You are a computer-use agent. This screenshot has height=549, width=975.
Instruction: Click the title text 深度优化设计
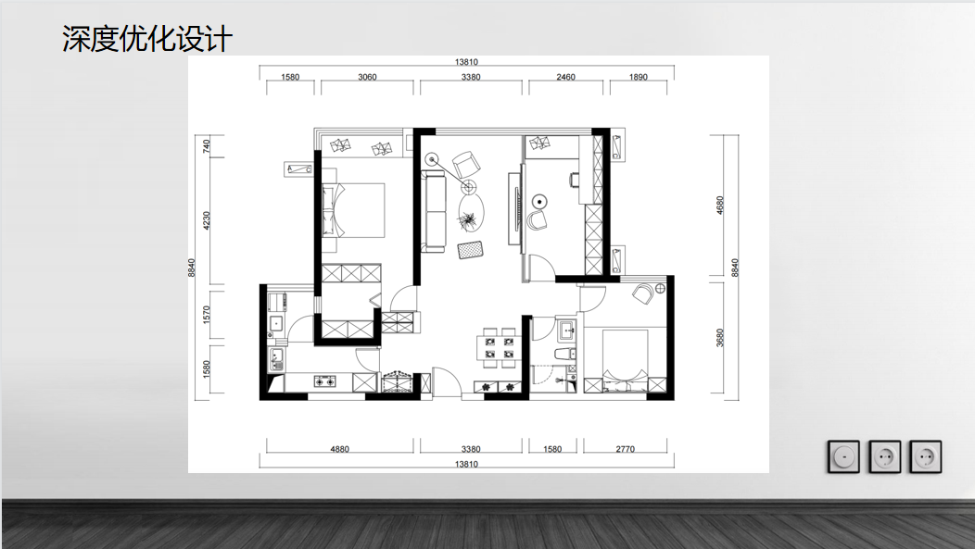[147, 39]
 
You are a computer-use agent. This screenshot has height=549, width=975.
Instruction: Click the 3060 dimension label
[368, 77]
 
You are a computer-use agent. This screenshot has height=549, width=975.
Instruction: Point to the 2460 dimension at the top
[566, 77]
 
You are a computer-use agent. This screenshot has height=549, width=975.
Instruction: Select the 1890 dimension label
[638, 77]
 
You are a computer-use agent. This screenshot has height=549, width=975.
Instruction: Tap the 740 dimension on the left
[207, 146]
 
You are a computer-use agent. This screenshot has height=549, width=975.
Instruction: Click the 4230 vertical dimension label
[207, 220]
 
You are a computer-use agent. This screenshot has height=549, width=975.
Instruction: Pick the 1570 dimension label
[207, 314]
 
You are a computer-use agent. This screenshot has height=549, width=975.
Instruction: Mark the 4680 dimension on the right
[720, 205]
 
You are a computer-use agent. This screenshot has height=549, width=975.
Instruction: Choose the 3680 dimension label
[720, 337]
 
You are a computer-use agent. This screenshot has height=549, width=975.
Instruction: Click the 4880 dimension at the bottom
[339, 449]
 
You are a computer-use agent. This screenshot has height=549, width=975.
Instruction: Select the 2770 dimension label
[625, 449]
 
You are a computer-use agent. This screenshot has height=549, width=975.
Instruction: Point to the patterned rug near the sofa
[471, 250]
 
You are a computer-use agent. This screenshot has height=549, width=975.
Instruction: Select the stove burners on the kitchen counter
[324, 381]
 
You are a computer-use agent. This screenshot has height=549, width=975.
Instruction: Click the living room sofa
[435, 212]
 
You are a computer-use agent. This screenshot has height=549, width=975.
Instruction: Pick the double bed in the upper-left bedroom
[352, 210]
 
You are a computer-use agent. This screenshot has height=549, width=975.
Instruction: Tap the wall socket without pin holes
[843, 457]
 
